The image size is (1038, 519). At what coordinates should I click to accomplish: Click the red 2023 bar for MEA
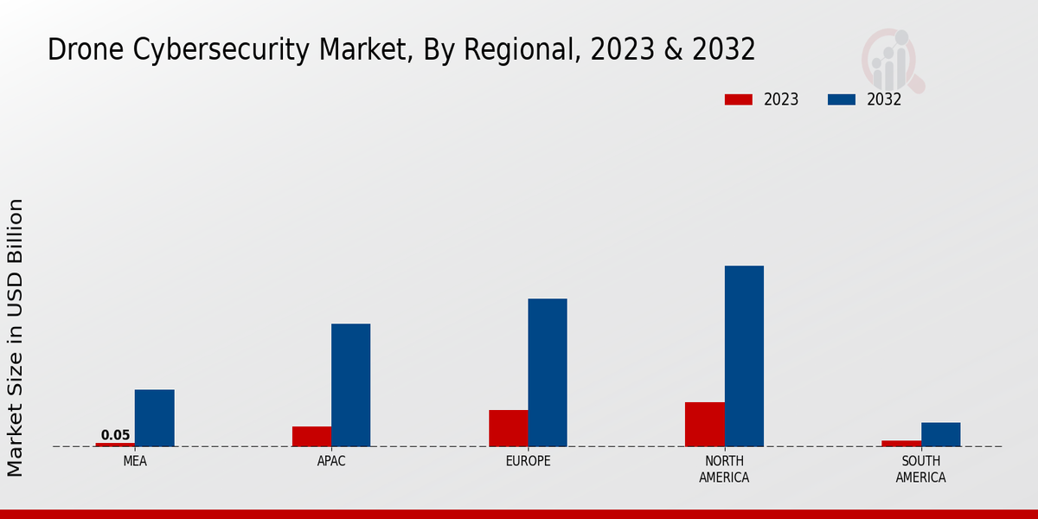(115, 445)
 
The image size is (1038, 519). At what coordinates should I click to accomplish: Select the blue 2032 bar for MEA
(154, 418)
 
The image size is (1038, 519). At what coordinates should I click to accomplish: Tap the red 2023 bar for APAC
(311, 437)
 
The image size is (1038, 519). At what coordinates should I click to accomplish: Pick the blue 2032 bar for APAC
(350, 385)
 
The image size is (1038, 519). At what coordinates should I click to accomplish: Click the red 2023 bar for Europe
(508, 428)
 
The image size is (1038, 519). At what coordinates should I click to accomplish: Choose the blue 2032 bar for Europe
(548, 373)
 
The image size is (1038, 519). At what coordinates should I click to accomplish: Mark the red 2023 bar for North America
(704, 425)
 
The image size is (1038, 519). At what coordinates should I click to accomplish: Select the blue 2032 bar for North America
(744, 356)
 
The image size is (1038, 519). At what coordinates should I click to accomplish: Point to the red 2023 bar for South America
(900, 444)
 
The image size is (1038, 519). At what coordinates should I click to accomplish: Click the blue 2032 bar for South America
(940, 434)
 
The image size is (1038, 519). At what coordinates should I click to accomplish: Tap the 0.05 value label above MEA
(115, 435)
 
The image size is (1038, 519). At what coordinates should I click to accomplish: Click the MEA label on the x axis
(135, 462)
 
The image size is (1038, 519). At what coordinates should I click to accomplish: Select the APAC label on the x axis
(331, 462)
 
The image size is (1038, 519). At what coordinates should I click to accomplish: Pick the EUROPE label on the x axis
(528, 462)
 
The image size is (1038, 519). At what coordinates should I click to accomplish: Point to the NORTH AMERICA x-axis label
(724, 470)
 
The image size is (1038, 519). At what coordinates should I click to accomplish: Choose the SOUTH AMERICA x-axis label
(920, 470)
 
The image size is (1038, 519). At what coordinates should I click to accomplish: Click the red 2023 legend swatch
(738, 99)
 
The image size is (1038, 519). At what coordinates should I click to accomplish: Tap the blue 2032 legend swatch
(841, 99)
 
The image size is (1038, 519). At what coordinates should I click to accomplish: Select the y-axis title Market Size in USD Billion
(16, 337)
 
